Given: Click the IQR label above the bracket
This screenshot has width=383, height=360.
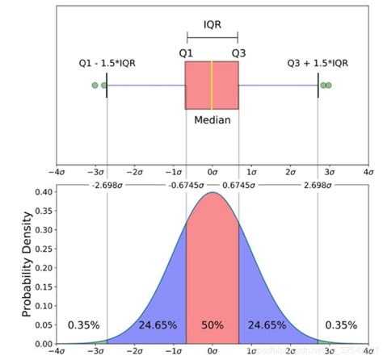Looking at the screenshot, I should coord(212,24).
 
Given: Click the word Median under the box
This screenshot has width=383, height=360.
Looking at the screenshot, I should coord(212,120).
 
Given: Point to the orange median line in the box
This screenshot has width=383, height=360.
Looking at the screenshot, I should coord(212,85).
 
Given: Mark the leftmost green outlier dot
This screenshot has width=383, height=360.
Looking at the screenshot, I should coord(95,85).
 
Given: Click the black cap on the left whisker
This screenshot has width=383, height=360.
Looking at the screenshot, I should coord(107,85).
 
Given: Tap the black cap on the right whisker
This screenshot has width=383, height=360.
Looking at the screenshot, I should coord(318,85).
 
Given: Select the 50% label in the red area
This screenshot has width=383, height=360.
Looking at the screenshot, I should coord(213,325).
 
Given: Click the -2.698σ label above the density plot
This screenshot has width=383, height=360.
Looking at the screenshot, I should coord(107,185).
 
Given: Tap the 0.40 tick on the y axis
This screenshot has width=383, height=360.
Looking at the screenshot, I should coord(45,193).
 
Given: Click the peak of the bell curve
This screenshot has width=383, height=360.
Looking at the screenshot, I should coord(212,194).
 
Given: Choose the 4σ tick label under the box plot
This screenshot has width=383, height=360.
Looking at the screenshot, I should coord(368,172).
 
